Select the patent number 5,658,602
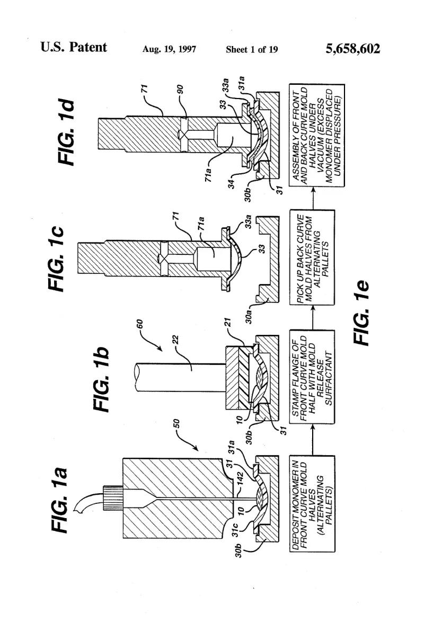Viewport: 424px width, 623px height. pyautogui.click(x=353, y=49)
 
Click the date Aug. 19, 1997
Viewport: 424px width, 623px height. pyautogui.click(x=169, y=49)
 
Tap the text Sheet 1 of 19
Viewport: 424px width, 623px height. pyautogui.click(x=252, y=49)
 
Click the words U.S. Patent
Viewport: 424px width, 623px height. pyautogui.click(x=74, y=47)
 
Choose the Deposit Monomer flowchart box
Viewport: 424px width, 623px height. pyautogui.click(x=312, y=503)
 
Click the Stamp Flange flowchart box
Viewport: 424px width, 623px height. pyautogui.click(x=312, y=377)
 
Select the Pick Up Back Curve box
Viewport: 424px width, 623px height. pyautogui.click(x=312, y=257)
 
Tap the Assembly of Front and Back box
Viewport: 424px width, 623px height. pyautogui.click(x=317, y=135)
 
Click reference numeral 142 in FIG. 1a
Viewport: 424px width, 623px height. pyautogui.click(x=240, y=482)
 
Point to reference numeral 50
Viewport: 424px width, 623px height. pyautogui.click(x=177, y=424)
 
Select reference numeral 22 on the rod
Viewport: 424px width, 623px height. pyautogui.click(x=175, y=340)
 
